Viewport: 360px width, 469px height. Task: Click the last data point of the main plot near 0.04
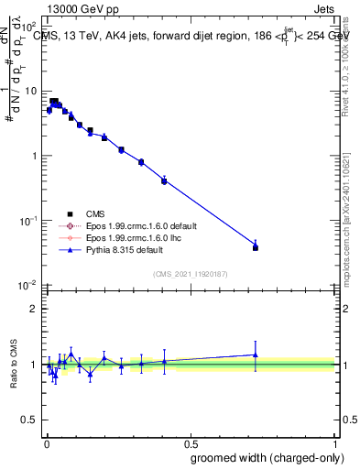pyautogui.click(x=256, y=247)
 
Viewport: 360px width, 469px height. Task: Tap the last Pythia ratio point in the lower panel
pyautogui.click(x=256, y=354)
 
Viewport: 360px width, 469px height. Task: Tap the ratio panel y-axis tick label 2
pyautogui.click(x=34, y=309)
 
